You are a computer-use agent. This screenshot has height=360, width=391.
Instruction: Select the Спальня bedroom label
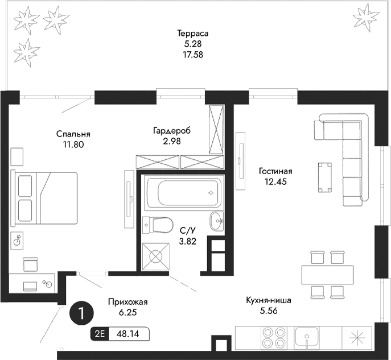(73, 134)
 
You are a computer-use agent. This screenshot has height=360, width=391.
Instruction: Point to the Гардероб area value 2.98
(171, 142)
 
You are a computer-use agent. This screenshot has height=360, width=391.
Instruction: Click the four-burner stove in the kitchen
(274, 337)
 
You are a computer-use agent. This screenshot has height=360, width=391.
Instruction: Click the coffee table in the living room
(326, 177)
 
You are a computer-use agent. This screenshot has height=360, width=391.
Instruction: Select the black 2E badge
(100, 334)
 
